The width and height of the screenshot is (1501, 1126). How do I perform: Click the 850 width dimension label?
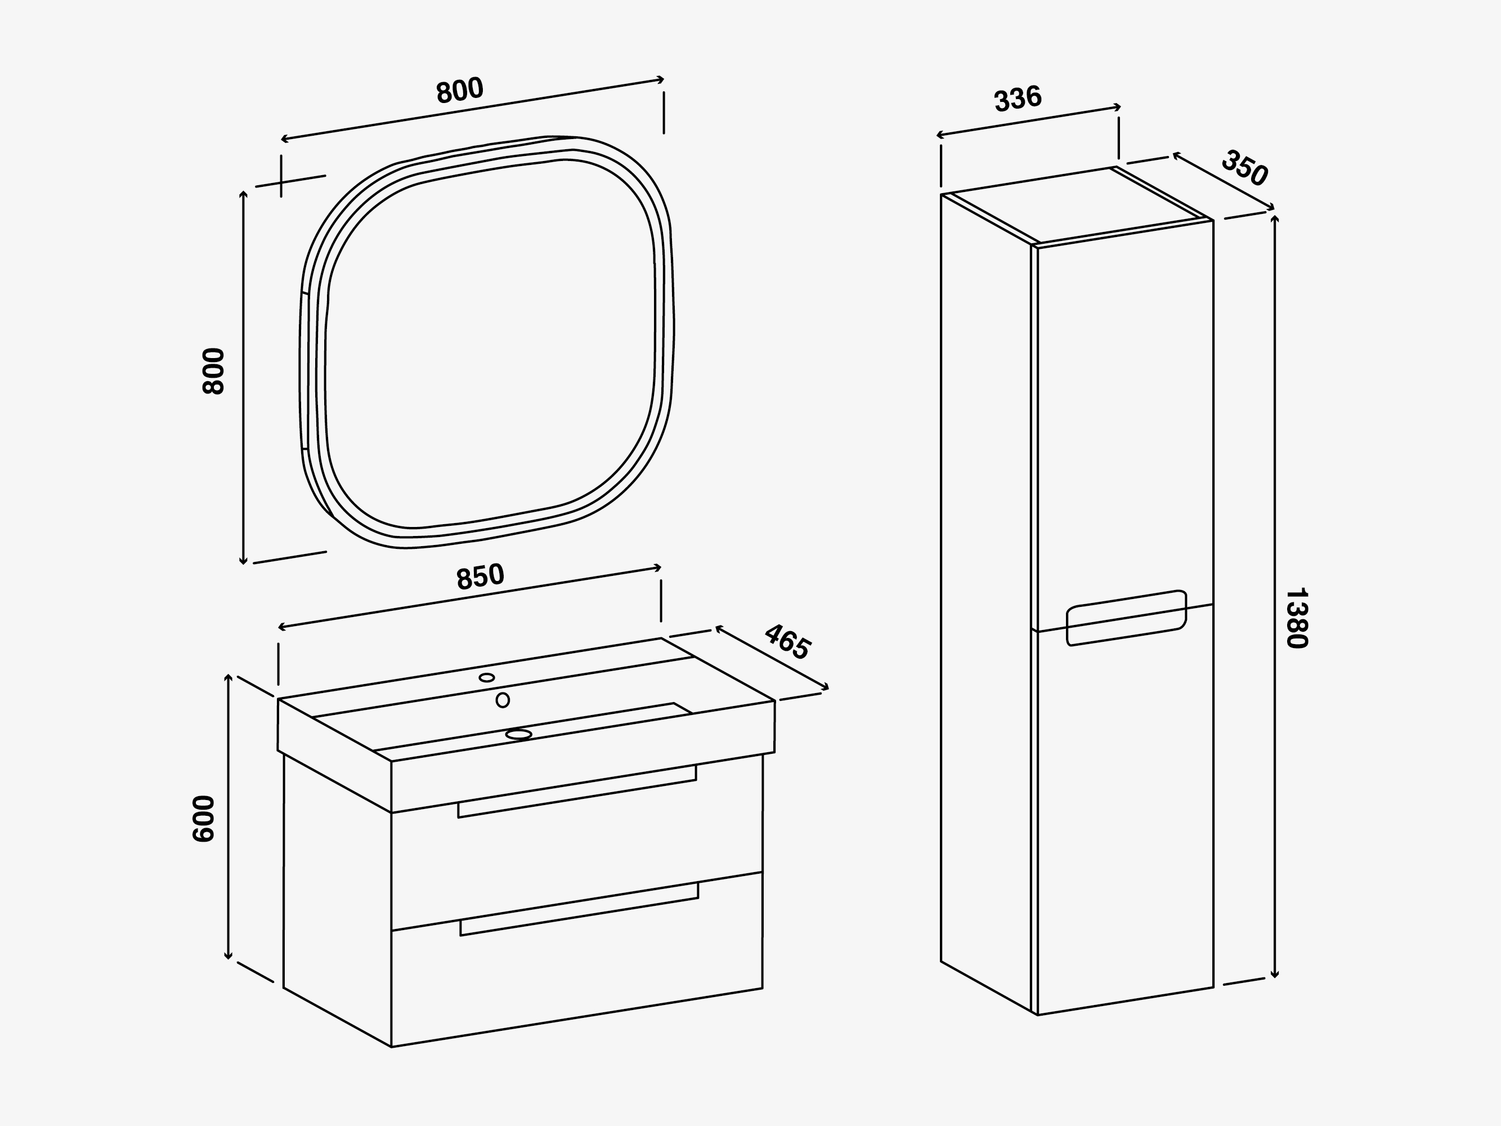[x=481, y=577]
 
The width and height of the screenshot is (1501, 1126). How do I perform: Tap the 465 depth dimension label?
[x=787, y=641]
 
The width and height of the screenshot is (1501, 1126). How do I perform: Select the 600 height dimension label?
[x=204, y=819]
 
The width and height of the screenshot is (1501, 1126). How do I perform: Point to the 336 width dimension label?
[x=1018, y=99]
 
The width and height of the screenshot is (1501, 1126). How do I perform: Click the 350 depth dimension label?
[x=1244, y=168]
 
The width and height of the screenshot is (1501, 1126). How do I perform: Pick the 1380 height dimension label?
[x=1297, y=618]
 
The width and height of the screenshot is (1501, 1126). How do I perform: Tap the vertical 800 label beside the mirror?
[x=213, y=370]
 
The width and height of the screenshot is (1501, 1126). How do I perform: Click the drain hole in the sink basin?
[x=518, y=734]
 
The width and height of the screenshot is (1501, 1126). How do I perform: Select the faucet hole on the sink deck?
[x=486, y=677]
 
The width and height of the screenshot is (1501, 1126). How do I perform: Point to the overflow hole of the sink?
[x=503, y=700]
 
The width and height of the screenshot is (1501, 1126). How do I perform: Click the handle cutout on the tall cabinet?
[x=1126, y=618]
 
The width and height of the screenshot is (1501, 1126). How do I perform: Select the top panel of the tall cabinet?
[x=1077, y=205]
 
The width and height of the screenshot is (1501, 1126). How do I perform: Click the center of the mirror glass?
[x=490, y=343]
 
